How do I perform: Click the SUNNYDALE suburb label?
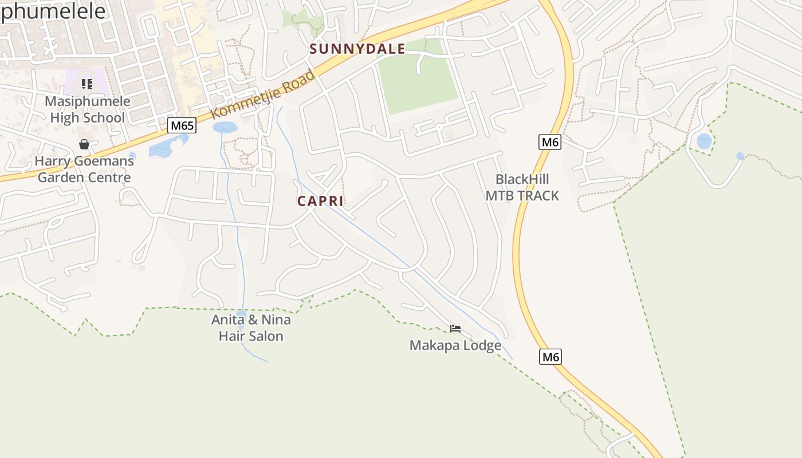357,49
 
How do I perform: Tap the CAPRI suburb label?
320,202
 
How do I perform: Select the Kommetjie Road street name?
263,94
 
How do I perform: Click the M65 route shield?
182,125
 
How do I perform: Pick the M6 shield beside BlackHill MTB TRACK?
550,141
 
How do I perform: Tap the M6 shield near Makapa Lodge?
550,357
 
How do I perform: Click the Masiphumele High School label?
87,109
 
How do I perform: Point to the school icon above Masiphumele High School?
87,85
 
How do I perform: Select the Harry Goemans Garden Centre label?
84,169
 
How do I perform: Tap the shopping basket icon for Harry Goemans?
84,144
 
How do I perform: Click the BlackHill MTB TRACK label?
522,187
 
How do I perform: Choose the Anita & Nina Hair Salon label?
251,327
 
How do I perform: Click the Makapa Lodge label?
455,345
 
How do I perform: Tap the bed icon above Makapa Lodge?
455,329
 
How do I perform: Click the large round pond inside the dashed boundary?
704,141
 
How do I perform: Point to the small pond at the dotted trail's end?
740,156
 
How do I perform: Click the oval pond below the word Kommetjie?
224,127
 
